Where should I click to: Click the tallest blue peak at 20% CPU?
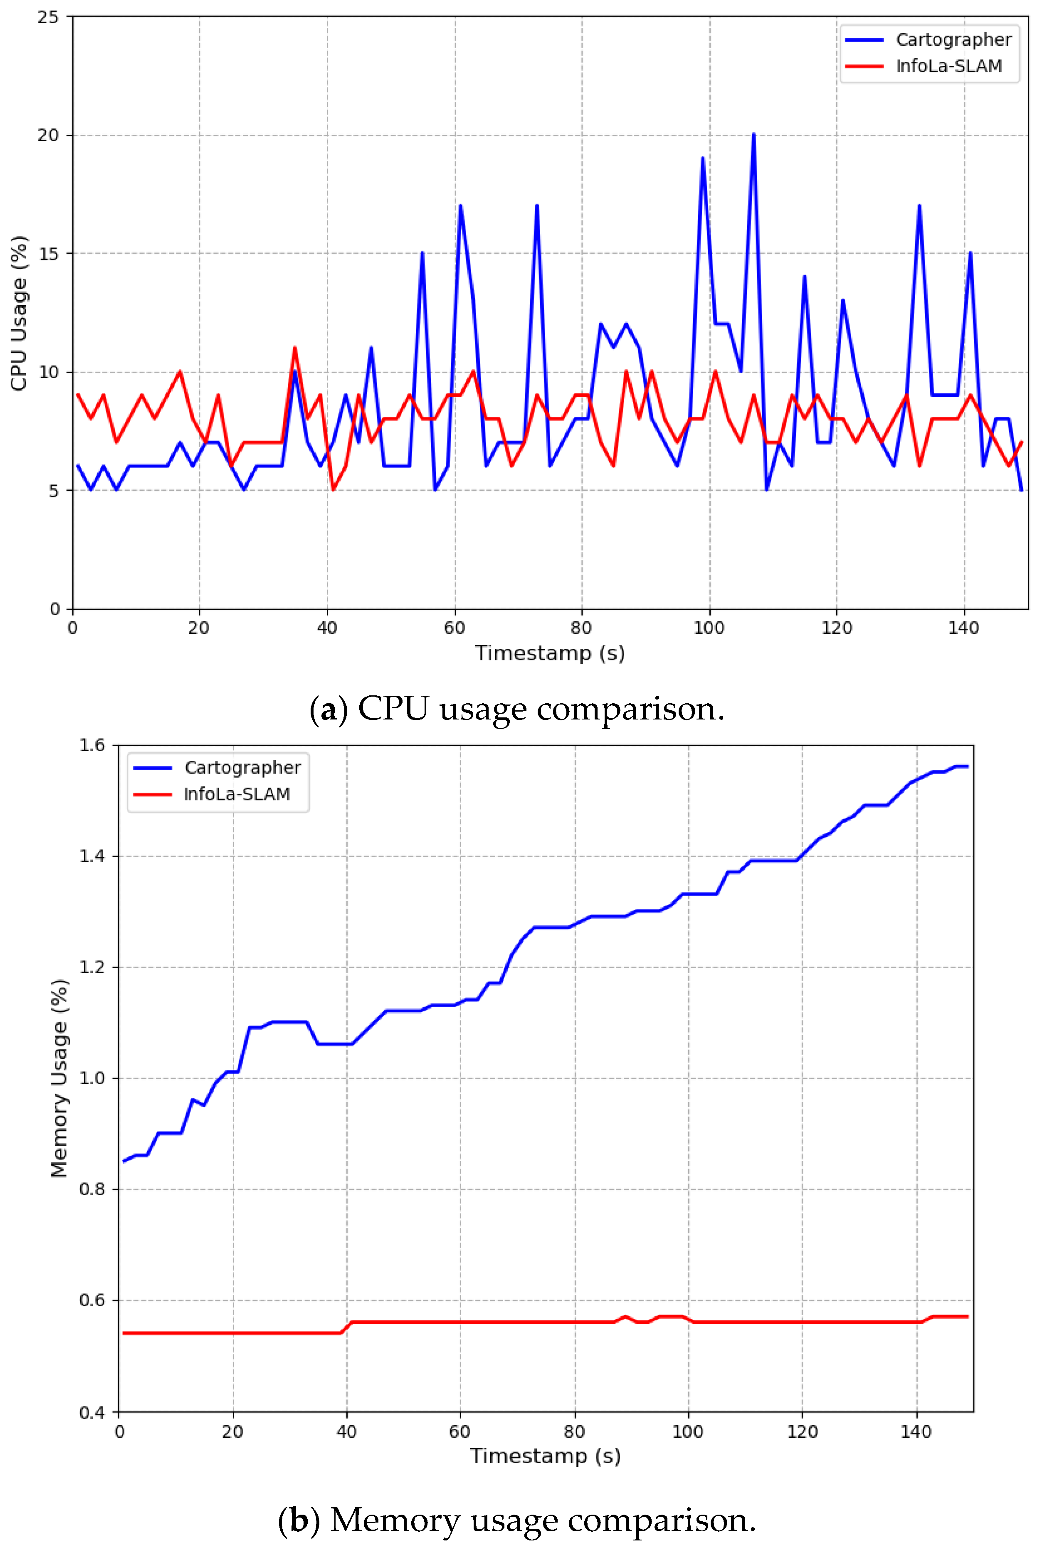tap(753, 135)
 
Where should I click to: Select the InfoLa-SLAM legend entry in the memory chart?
tap(237, 794)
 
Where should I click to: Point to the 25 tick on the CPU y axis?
tap(48, 17)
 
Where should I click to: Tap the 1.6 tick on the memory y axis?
tap(92, 745)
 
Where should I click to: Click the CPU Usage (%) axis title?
tap(19, 313)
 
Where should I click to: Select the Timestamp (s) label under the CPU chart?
tap(550, 653)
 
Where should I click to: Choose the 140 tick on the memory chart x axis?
tap(916, 1431)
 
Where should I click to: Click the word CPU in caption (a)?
tap(393, 709)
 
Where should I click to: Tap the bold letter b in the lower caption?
tap(299, 1519)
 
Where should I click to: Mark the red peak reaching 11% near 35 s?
tap(294, 348)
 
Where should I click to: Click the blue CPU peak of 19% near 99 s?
tap(702, 158)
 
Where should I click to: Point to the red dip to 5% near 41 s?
tap(333, 489)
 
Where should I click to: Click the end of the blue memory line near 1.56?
tap(967, 766)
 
